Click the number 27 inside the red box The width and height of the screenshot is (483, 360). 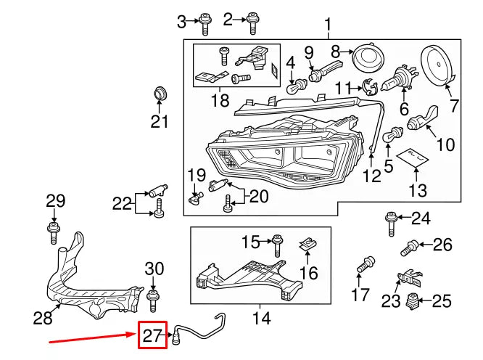pyautogui.click(x=153, y=335)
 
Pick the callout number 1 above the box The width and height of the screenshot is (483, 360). pyautogui.click(x=328, y=25)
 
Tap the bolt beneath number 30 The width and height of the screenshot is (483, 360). pyautogui.click(x=152, y=298)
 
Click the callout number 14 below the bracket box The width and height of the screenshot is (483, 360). pyautogui.click(x=260, y=317)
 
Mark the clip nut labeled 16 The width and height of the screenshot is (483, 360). pyautogui.click(x=308, y=245)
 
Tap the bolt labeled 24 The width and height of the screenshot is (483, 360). pyautogui.click(x=391, y=220)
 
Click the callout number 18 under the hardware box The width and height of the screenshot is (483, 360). pyautogui.click(x=220, y=100)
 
